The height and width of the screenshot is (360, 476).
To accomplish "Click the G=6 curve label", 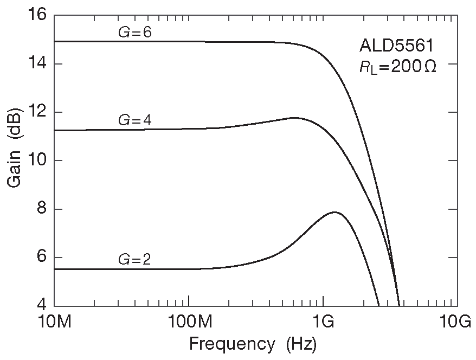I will point(134,33).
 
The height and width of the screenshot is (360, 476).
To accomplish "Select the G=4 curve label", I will point(134,121).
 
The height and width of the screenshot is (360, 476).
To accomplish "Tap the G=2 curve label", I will point(134,260).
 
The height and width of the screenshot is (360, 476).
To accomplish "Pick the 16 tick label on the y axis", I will point(37,16).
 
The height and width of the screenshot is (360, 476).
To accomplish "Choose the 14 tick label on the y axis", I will point(37,64).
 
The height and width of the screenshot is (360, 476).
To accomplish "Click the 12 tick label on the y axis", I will point(37,112).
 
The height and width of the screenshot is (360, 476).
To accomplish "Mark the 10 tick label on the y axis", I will point(37,160).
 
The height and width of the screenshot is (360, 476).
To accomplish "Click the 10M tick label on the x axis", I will point(55,324).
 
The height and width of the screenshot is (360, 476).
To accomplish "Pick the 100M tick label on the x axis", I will point(189,324).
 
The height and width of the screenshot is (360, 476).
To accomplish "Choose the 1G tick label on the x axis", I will point(323,324).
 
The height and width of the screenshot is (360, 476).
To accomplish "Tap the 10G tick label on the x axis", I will point(457,324).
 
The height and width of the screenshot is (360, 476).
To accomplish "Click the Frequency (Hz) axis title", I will point(252,344).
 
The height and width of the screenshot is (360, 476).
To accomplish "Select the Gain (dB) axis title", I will point(15,160).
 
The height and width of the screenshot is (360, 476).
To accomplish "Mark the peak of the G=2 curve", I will point(335,212).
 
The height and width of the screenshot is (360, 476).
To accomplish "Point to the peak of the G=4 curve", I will point(294,118).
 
